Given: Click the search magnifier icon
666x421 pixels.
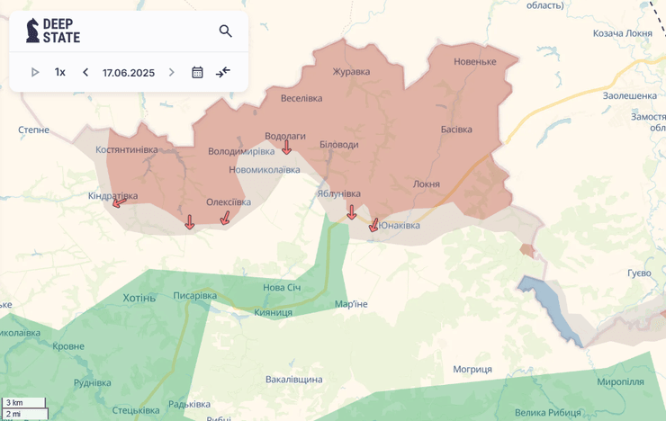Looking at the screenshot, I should pyautogui.click(x=226, y=31).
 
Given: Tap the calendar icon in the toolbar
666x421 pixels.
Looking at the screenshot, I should pyautogui.click(x=197, y=72).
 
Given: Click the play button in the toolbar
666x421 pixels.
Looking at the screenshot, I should pyautogui.click(x=35, y=72).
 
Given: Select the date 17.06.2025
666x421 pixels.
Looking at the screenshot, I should pyautogui.click(x=129, y=72).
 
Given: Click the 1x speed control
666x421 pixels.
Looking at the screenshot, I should pyautogui.click(x=60, y=72).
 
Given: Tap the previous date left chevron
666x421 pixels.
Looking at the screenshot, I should pyautogui.click(x=85, y=72).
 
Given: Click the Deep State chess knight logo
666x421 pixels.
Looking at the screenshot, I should pyautogui.click(x=32, y=31).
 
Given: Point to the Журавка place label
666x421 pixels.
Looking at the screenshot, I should pyautogui.click(x=351, y=72).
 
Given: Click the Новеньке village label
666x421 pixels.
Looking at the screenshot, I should pyautogui.click(x=475, y=61).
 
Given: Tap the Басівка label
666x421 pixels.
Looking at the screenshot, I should pyautogui.click(x=456, y=130).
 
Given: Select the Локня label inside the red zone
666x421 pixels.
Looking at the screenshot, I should pyautogui.click(x=427, y=184).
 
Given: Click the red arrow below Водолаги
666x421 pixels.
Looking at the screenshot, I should pyautogui.click(x=286, y=148).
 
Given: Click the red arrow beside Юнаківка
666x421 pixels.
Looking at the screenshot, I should pyautogui.click(x=373, y=225).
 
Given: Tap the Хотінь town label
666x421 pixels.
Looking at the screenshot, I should pyautogui.click(x=139, y=298).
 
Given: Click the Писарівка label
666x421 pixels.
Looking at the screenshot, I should pyautogui.click(x=195, y=295).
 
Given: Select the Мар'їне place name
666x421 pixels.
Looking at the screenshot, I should pyautogui.click(x=351, y=304).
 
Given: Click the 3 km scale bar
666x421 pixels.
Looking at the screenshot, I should pyautogui.click(x=24, y=402).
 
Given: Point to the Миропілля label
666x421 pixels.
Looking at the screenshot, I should pyautogui.click(x=621, y=382).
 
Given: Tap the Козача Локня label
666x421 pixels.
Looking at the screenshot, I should pyautogui.click(x=623, y=33).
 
